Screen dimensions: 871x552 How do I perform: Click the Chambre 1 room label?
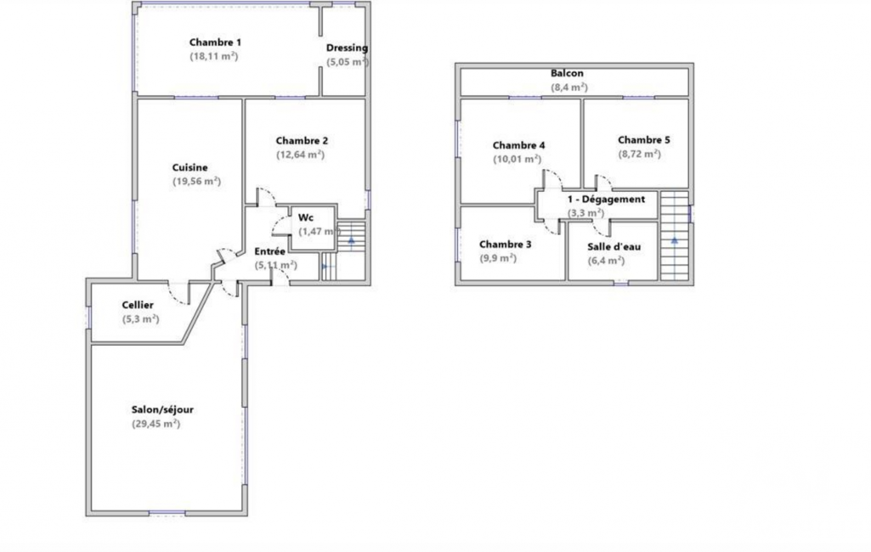pyautogui.click(x=215, y=42)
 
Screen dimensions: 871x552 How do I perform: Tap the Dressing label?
pyautogui.click(x=347, y=48)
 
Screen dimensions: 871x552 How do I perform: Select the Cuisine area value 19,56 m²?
pyautogui.click(x=196, y=181)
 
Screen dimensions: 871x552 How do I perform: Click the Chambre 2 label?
pyautogui.click(x=302, y=140)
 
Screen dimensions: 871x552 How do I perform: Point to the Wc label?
pyautogui.click(x=306, y=217)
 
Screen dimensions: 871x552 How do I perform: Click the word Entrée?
pyautogui.click(x=269, y=251)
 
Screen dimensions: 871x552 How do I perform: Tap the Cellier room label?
pyautogui.click(x=138, y=305)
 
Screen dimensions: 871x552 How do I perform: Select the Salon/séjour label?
pyautogui.click(x=162, y=410)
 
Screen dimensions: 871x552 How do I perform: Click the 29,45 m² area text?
pyautogui.click(x=156, y=424)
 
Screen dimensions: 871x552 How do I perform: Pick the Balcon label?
pyautogui.click(x=567, y=73)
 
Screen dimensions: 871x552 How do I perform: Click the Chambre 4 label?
pyautogui.click(x=519, y=145)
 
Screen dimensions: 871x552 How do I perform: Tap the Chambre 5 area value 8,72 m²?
pyautogui.click(x=640, y=154)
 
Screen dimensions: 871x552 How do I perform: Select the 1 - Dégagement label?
pyautogui.click(x=606, y=199)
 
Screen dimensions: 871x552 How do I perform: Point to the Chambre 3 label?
pyautogui.click(x=505, y=245)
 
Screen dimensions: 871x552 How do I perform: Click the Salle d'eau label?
pyautogui.click(x=614, y=246)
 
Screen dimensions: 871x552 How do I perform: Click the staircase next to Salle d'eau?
pyautogui.click(x=675, y=235)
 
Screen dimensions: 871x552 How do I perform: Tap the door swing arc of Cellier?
pyautogui.click(x=178, y=296)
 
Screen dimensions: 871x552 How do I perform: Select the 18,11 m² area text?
pyautogui.click(x=214, y=56)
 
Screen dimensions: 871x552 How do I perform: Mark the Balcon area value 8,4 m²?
pyautogui.click(x=569, y=87)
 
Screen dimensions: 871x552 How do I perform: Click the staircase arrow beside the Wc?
pyautogui.click(x=351, y=240)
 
